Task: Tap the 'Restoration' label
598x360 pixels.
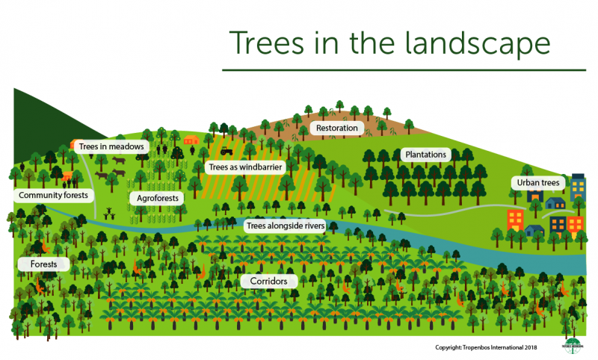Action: pos(336,128)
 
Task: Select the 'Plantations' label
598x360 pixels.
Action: pos(426,155)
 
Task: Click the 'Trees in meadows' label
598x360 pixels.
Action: pos(111,146)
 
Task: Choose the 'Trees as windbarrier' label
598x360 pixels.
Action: pos(244,168)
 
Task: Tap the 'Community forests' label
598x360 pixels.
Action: pos(54,195)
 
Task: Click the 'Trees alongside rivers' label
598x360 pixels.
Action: pos(284,225)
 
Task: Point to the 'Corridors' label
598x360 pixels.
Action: pos(269,282)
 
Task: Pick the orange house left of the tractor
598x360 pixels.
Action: pos(191,140)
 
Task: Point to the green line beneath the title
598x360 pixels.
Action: pos(389,71)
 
